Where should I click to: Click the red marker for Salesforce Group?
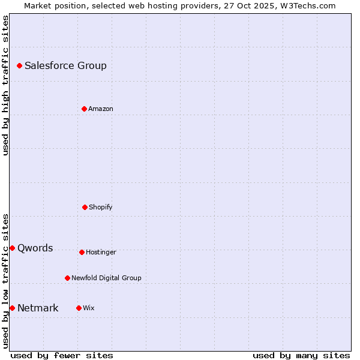pos(19,65)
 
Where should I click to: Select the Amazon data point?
pos(84,109)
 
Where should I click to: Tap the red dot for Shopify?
pos(85,207)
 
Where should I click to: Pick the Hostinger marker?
pos(82,252)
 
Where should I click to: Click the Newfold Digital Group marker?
pos(67,278)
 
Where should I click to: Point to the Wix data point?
pos(79,308)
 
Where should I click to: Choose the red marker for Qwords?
pos(12,248)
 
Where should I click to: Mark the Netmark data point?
pos(12,308)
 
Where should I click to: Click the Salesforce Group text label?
pos(65,66)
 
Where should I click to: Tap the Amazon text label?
pos(100,109)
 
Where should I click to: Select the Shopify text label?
pos(100,208)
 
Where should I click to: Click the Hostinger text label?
pos(101,253)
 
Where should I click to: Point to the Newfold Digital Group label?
pos(106,278)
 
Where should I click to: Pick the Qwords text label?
pos(35,248)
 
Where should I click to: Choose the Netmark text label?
pos(38,308)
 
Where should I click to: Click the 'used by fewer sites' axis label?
pos(62,355)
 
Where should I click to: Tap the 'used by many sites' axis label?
pos(301,355)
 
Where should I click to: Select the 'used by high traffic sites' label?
pos(5,85)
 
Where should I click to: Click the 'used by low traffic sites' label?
pos(5,280)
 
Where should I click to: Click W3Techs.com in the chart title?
pos(306,5)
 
